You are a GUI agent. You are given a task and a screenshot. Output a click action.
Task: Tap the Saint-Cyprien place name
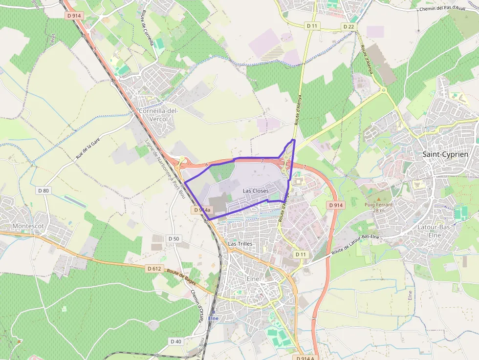tap(445, 154)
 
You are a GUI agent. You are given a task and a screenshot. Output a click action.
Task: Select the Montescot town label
tap(28, 226)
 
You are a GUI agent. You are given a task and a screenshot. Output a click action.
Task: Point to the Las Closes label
tap(256, 191)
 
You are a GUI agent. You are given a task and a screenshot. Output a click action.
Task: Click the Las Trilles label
tap(240, 243)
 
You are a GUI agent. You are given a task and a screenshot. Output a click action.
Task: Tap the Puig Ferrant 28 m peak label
tap(378, 207)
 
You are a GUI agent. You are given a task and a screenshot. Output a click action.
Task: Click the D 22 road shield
tap(348, 26)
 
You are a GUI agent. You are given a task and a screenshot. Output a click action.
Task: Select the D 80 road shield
tap(44, 190)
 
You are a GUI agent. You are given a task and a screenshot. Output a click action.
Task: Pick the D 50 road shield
tap(174, 238)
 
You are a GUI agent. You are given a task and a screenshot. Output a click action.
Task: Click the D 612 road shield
tap(154, 268)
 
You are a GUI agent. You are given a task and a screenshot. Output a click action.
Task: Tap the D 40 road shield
tap(175, 341)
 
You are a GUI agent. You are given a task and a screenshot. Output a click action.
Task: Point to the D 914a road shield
tap(202, 210)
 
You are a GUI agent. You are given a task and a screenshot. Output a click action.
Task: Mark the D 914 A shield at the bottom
tap(305, 358)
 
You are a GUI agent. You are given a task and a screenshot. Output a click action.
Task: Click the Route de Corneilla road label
tap(148, 28)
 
